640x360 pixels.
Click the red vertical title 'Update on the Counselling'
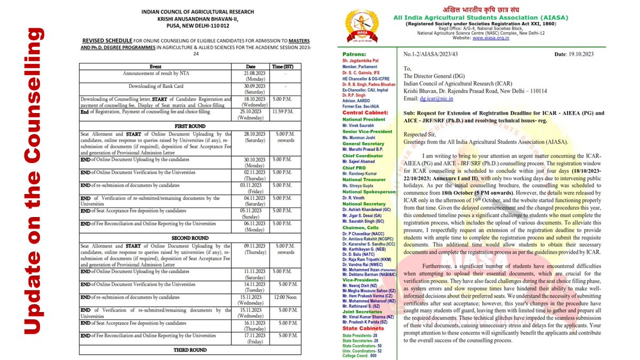[33, 180]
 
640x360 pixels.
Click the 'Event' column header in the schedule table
[156, 66]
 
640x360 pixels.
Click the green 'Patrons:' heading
[354, 54]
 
